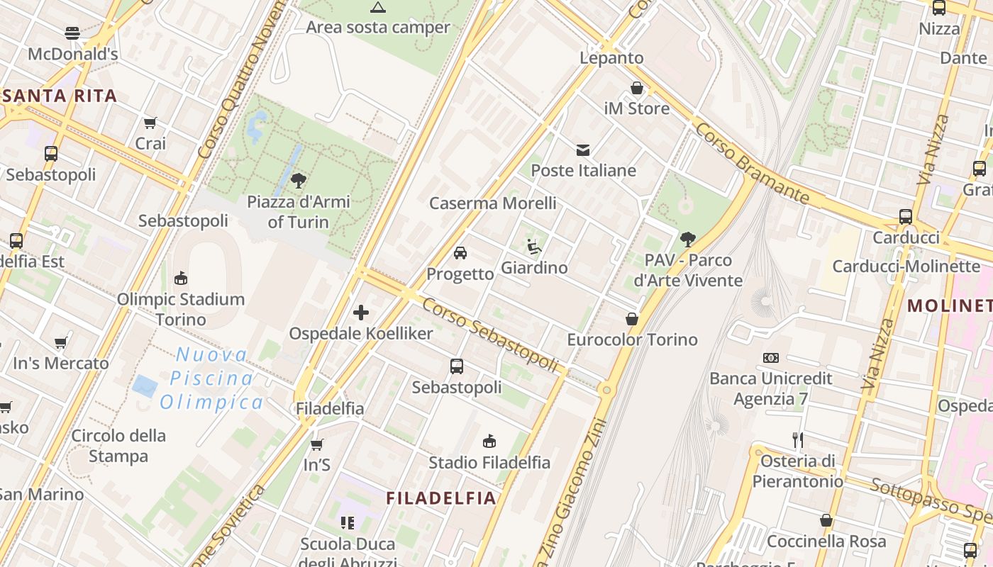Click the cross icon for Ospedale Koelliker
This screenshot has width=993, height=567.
tap(361, 312)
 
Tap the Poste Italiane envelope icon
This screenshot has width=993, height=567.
tap(583, 150)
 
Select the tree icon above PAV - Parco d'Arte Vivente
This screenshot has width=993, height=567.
tap(687, 240)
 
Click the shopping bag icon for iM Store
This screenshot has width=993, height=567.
tap(637, 89)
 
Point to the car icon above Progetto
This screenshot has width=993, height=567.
tap(460, 253)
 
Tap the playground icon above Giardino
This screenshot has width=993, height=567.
tap(534, 247)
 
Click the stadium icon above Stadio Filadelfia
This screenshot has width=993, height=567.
tap(489, 442)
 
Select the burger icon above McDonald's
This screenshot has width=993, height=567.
tap(72, 33)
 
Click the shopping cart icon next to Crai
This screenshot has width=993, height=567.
tap(150, 123)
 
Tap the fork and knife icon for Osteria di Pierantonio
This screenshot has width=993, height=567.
tap(798, 440)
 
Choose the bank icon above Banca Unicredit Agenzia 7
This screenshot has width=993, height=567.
tap(771, 358)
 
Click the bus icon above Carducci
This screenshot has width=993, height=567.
tap(906, 217)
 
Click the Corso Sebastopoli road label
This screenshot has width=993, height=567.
tap(489, 335)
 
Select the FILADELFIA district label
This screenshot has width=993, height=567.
tap(441, 498)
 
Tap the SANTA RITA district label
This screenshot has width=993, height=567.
tap(60, 96)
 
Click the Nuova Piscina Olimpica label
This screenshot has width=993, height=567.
tap(211, 378)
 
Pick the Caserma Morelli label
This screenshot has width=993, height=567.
tap(493, 203)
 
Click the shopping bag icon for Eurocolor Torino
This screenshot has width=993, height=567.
tap(632, 320)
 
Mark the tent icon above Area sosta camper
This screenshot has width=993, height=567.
tap(378, 8)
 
